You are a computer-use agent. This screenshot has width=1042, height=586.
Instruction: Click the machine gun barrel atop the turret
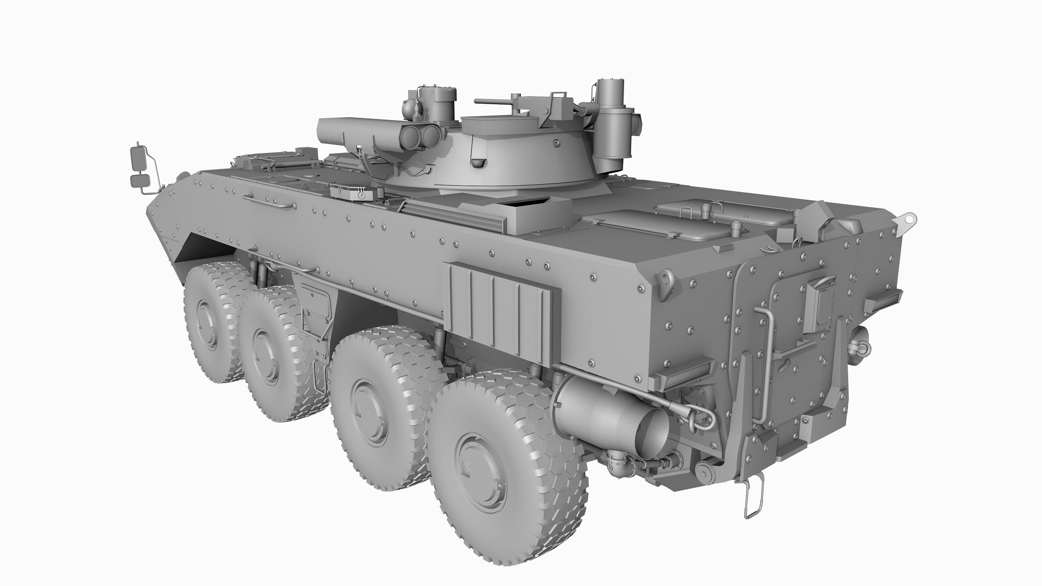[491, 101]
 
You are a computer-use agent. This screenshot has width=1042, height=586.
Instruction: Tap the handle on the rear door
[821, 283]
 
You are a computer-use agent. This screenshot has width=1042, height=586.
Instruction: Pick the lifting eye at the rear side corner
[665, 279]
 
